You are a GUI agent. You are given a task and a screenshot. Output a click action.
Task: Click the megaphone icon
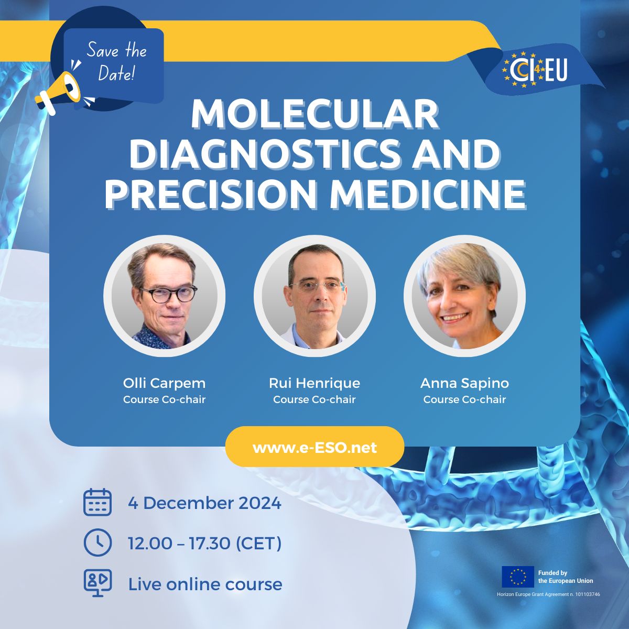[58, 93]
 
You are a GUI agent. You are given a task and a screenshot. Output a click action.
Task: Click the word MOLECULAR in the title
[314, 115]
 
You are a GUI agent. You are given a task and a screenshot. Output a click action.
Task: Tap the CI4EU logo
[535, 69]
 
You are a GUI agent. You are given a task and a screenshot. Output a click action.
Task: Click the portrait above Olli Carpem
[164, 296]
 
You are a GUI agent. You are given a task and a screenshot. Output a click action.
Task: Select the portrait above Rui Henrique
[314, 296]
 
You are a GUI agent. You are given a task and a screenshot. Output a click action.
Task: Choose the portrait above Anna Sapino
[464, 296]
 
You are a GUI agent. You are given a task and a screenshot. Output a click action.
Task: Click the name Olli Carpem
[164, 383]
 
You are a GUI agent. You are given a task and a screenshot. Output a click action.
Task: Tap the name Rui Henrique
[314, 383]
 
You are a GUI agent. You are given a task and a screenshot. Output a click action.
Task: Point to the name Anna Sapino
[464, 383]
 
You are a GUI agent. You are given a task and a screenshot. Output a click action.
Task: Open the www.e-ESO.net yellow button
[314, 446]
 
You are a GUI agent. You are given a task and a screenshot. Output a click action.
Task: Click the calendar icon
[97, 502]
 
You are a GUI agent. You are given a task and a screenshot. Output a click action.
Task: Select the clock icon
[97, 543]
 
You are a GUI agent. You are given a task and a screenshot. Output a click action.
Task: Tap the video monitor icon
[97, 583]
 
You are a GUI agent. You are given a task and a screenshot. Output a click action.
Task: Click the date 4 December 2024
[204, 503]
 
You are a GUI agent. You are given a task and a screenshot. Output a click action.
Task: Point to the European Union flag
[518, 577]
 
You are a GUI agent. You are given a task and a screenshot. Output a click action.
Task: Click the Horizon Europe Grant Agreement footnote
[548, 594]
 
